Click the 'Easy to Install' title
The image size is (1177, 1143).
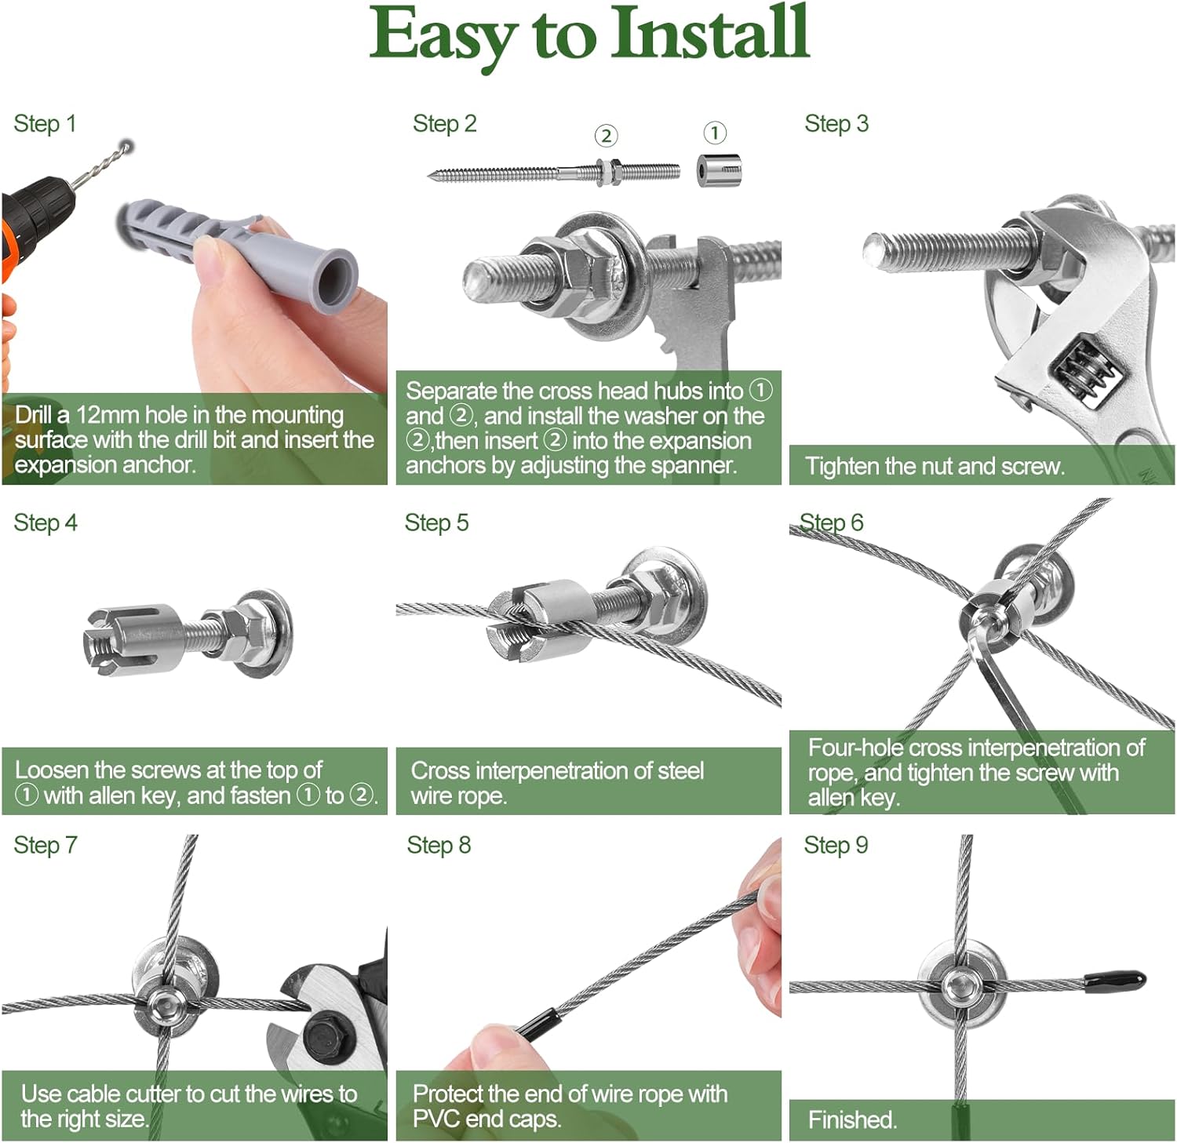click(588, 35)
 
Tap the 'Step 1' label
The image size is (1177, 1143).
click(45, 124)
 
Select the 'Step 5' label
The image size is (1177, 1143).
click(436, 523)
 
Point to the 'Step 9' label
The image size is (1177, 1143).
click(836, 846)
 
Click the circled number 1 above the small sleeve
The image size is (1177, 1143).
click(714, 133)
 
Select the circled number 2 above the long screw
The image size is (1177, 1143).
click(605, 136)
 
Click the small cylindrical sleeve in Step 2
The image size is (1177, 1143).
click(719, 170)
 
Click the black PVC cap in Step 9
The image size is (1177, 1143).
click(1114, 981)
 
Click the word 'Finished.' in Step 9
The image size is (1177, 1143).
click(852, 1119)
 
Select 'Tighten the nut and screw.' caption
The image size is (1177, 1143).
click(935, 467)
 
